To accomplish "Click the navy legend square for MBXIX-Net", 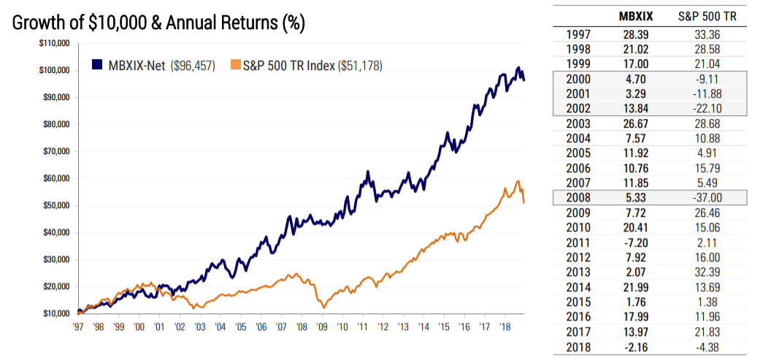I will click(96, 65).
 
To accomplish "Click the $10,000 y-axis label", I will click(54, 314).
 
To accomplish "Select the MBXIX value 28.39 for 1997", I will click(635, 33).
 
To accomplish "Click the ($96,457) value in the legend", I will click(193, 66).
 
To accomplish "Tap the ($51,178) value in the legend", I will click(360, 66).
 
